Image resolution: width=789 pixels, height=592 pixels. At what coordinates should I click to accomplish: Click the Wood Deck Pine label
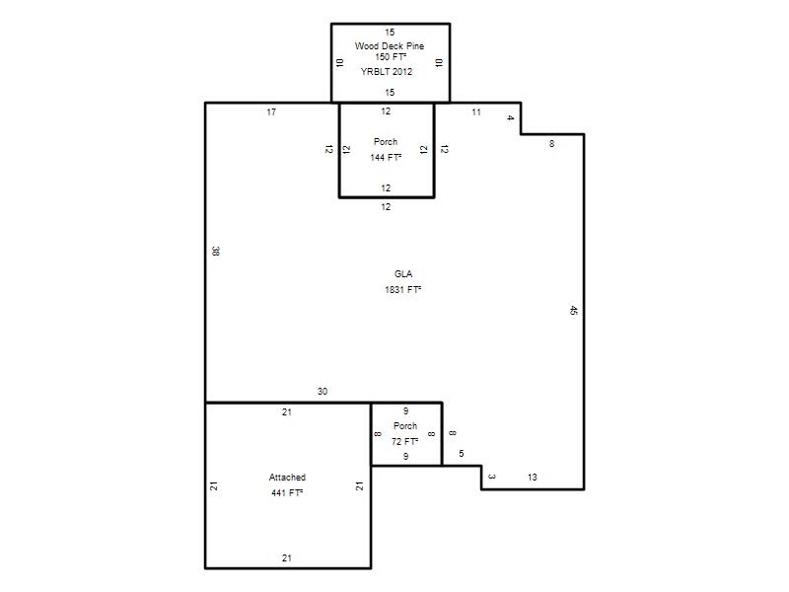point(390,45)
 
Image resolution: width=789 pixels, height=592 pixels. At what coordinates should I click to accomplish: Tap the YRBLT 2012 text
point(387,71)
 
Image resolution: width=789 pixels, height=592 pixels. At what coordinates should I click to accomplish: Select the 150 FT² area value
point(391,57)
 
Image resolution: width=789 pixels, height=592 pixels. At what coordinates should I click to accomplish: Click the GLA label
point(403,274)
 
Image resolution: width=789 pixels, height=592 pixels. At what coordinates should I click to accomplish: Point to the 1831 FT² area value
point(403,289)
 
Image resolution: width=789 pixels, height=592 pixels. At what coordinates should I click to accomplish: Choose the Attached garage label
point(287,477)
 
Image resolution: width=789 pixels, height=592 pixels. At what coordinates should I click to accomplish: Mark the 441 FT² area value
point(287,492)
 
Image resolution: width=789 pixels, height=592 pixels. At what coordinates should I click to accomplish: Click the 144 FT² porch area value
point(386,158)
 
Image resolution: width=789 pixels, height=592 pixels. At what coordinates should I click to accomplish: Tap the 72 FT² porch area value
point(405,441)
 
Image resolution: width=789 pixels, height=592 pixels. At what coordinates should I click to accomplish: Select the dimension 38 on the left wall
point(216,251)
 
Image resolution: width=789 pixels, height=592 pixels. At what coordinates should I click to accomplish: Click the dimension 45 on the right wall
point(574,310)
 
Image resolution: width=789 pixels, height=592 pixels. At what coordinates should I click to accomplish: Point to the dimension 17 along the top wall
point(271,111)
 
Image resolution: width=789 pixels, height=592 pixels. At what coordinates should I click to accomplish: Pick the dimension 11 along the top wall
point(476,111)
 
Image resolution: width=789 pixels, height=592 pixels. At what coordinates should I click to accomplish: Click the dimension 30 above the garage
point(323,391)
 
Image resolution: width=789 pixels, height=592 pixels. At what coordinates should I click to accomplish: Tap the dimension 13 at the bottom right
point(533,477)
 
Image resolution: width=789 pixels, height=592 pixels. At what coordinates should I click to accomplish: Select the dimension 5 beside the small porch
point(462,454)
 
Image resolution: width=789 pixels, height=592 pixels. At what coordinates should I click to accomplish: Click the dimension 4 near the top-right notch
point(510,117)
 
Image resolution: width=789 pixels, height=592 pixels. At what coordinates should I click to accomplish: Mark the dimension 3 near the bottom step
point(492,477)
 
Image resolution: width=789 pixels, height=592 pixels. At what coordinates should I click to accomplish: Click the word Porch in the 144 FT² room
point(386,141)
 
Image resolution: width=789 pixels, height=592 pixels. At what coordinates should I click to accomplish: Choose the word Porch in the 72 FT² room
point(405,425)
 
